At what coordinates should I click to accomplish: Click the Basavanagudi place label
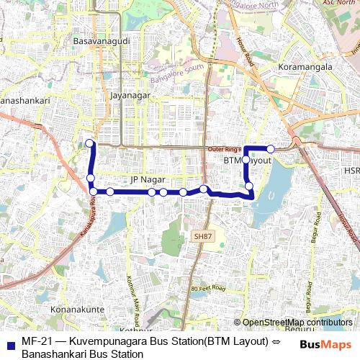102,42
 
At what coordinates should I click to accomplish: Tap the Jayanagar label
129,94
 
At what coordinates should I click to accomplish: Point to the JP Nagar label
148,179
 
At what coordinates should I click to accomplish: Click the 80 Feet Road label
208,288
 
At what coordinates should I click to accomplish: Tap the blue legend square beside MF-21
9,341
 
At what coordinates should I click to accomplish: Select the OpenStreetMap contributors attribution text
297,323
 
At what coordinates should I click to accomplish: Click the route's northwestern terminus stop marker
90,143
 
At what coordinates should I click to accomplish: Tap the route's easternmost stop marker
271,149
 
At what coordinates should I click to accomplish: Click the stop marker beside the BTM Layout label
246,159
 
